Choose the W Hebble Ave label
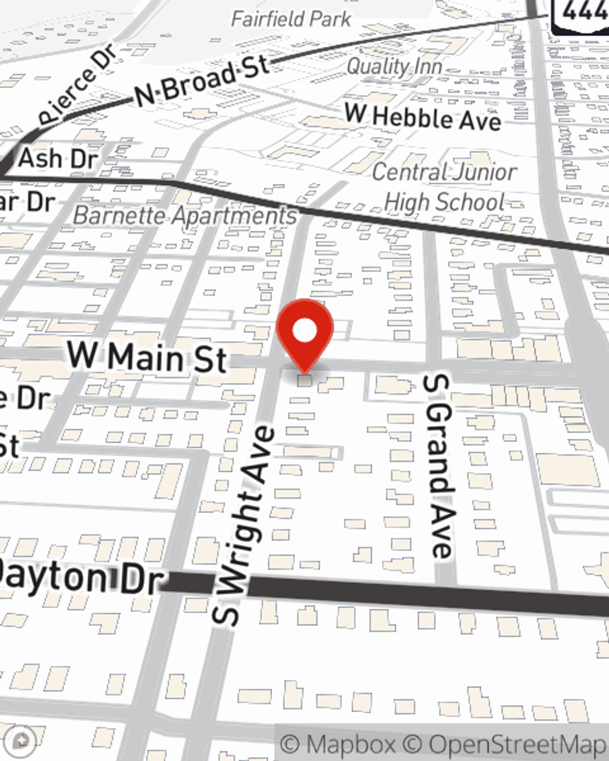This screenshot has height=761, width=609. click(423, 117)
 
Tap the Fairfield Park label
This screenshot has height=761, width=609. click(291, 19)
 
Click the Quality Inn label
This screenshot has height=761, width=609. click(394, 66)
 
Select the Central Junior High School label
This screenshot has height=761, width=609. click(445, 186)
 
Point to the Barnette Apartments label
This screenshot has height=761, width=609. click(185, 216)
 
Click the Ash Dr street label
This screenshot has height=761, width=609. click(58, 159)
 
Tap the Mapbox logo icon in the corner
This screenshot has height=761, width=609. click(23, 740)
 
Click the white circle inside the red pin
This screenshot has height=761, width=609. click(304, 331)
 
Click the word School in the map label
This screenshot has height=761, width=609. click(469, 202)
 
